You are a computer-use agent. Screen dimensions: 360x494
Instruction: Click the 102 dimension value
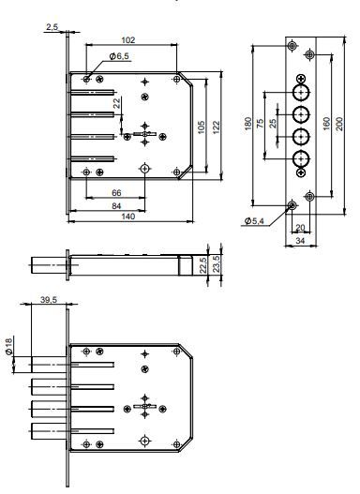128,40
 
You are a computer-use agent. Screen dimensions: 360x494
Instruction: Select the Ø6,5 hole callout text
119,56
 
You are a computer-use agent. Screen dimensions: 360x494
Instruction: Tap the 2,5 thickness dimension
52,27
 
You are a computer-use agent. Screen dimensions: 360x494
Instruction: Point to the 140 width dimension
128,217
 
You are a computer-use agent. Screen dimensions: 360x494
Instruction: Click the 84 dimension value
116,205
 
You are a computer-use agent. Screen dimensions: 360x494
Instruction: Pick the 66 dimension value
116,193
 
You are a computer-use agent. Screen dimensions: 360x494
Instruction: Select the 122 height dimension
216,127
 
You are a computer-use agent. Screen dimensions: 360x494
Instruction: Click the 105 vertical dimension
201,127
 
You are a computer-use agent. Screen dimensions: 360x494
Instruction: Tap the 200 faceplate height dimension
338,124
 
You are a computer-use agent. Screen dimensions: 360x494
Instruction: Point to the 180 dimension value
248,124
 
